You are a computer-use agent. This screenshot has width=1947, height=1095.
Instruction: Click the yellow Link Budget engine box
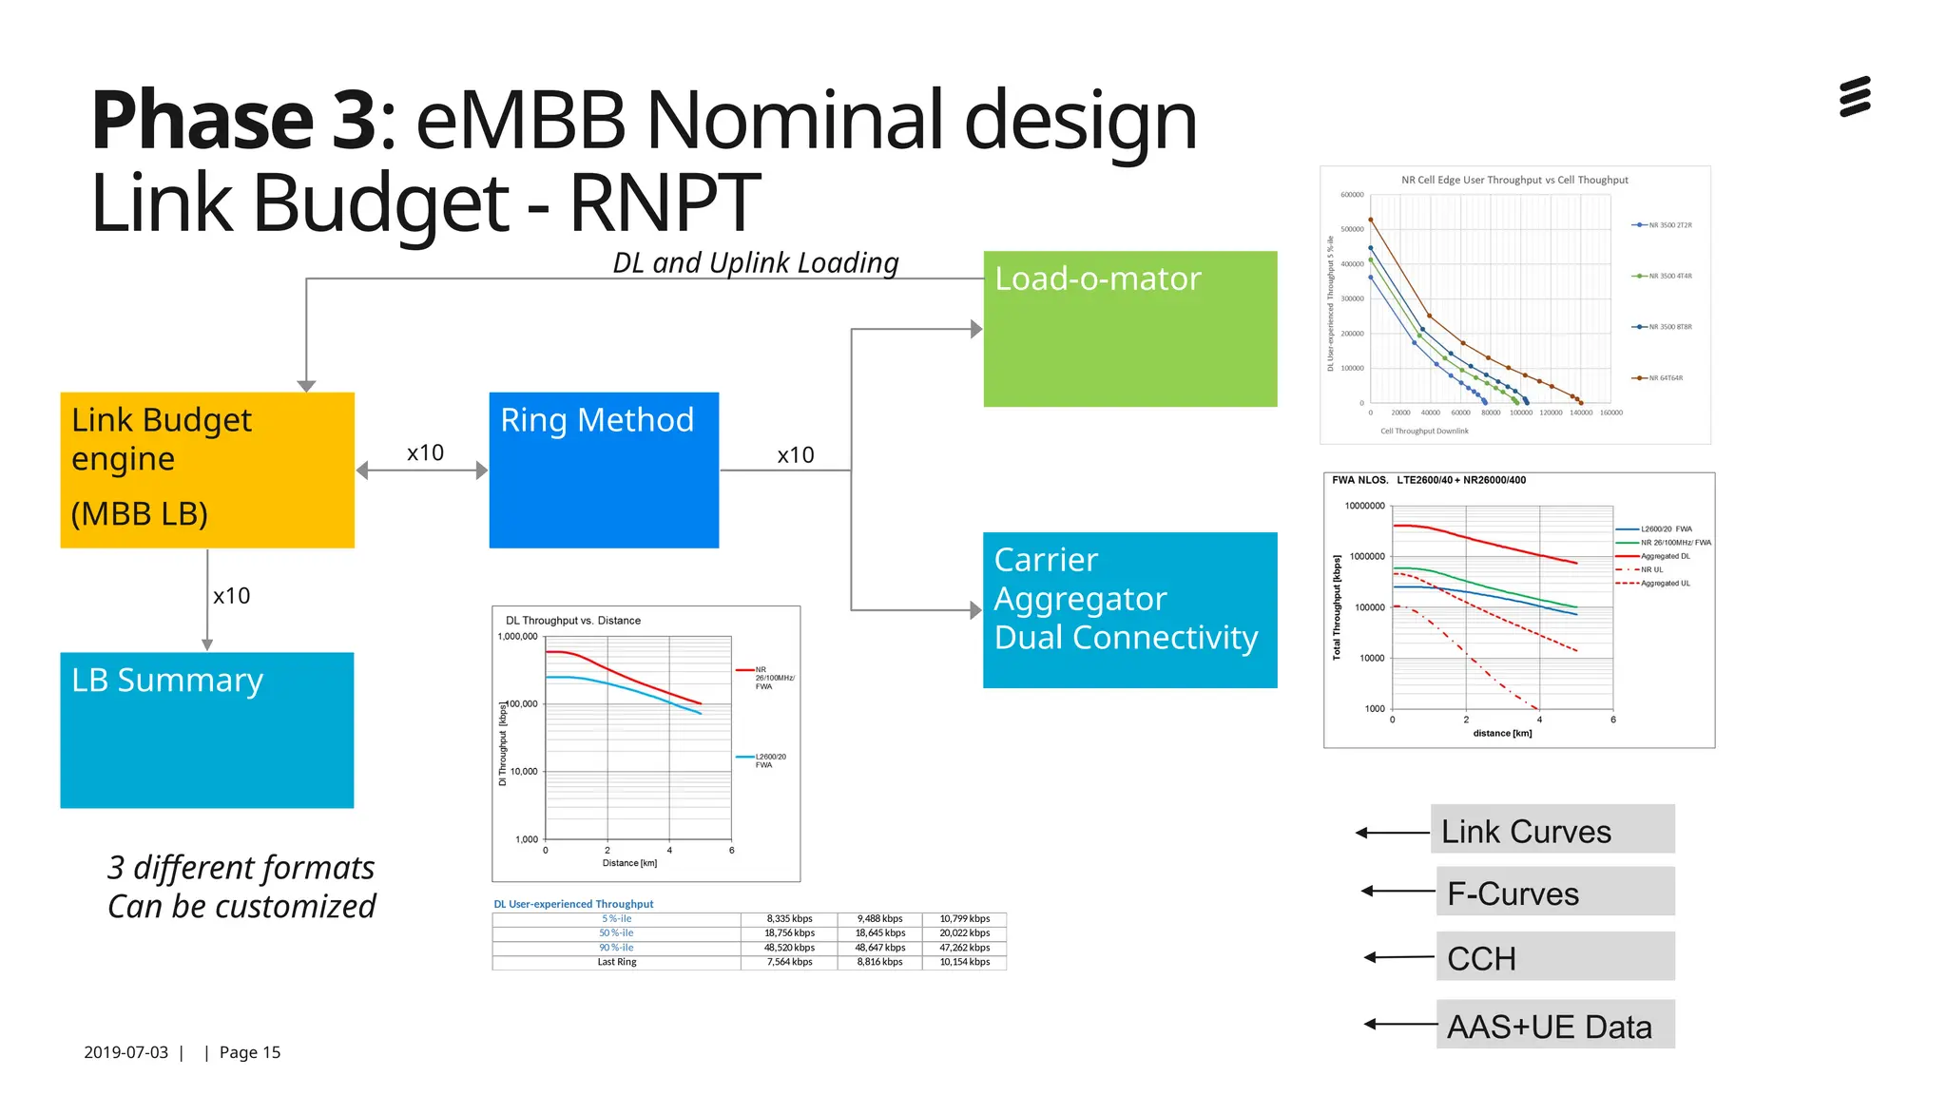coord(207,470)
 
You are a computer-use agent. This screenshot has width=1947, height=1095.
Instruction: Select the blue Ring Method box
coord(604,470)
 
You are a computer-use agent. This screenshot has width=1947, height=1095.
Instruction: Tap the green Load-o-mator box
coord(1129,329)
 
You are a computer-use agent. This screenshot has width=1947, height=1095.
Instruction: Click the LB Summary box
coord(207,729)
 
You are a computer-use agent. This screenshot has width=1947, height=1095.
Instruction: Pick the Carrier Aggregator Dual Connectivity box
coord(1129,609)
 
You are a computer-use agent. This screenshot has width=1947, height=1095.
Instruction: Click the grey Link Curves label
coord(1552,830)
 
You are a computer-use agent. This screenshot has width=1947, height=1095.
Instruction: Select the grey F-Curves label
coord(1554,892)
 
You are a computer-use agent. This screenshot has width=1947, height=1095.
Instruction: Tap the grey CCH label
coord(1554,956)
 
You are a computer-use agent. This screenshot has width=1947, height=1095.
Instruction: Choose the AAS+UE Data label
coord(1554,1025)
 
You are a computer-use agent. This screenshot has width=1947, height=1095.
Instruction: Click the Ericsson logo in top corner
coord(1855,97)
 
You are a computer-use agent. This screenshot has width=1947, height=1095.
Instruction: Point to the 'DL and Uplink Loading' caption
coord(755,262)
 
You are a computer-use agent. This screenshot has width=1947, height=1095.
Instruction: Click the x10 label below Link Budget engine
coord(231,596)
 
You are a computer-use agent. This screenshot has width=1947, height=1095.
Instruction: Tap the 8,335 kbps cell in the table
coord(789,919)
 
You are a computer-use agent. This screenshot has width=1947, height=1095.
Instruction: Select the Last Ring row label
coord(616,962)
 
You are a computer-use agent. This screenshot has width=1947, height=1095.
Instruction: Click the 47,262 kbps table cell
coord(964,948)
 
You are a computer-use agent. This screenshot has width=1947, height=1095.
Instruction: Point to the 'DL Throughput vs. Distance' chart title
coord(572,621)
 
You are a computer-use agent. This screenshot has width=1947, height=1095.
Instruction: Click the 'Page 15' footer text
coord(249,1052)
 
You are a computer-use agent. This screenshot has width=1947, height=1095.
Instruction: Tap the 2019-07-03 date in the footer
coord(125,1052)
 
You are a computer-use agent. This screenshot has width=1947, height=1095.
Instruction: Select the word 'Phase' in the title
coord(202,121)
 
